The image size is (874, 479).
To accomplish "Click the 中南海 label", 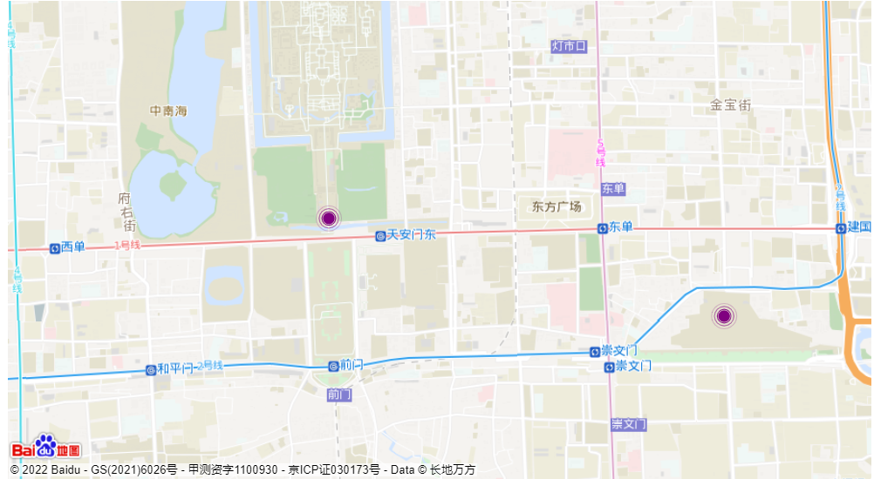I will pyautogui.click(x=168, y=111).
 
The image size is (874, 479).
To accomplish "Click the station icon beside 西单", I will pyautogui.click(x=55, y=247).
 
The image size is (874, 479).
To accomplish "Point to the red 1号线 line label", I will pyautogui.click(x=127, y=246).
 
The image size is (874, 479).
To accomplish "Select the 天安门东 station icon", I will pyautogui.click(x=380, y=236).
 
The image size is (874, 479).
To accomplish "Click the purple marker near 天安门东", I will pyautogui.click(x=328, y=218).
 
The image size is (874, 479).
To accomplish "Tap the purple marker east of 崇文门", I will pyautogui.click(x=723, y=316).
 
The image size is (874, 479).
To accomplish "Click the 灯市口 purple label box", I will pyautogui.click(x=569, y=45).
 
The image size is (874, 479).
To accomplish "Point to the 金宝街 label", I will pyautogui.click(x=731, y=105).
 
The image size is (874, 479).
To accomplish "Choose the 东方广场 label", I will pyautogui.click(x=556, y=207).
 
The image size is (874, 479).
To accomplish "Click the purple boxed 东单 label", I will pyautogui.click(x=613, y=189).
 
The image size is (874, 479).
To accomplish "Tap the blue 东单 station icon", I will pyautogui.click(x=603, y=228).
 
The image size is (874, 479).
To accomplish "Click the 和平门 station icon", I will pyautogui.click(x=151, y=369).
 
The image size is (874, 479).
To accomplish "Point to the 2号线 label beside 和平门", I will pyautogui.click(x=210, y=366).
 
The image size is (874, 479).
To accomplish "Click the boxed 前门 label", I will pyautogui.click(x=339, y=395).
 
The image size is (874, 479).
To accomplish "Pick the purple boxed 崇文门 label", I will pyautogui.click(x=628, y=424).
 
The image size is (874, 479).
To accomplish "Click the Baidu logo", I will pyautogui.click(x=45, y=448).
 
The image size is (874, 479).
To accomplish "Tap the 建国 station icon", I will pyautogui.click(x=841, y=228).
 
